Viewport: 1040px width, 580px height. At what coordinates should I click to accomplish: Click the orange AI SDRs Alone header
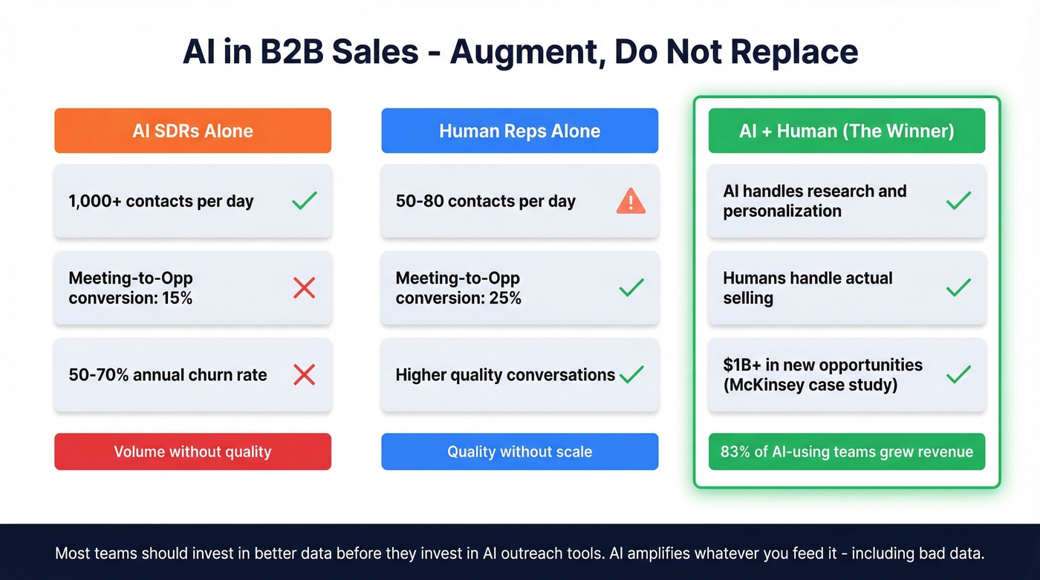(x=192, y=131)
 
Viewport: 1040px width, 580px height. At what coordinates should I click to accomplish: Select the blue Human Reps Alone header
(x=519, y=131)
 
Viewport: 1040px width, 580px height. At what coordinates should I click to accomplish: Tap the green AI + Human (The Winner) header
(x=846, y=131)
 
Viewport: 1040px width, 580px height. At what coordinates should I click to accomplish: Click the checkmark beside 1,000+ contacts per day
(x=304, y=201)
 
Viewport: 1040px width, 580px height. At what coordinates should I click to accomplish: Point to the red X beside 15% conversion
(x=304, y=287)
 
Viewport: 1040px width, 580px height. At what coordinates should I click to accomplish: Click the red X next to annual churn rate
(x=304, y=374)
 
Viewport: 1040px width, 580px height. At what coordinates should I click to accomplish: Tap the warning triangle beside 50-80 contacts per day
(x=631, y=201)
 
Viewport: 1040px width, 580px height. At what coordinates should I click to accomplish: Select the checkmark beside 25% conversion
(x=631, y=287)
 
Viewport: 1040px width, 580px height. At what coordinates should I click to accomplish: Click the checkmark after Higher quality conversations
(x=631, y=374)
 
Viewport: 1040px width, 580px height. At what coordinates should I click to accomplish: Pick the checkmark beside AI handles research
(x=958, y=201)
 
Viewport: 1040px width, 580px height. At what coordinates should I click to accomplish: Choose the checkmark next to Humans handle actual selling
(x=958, y=287)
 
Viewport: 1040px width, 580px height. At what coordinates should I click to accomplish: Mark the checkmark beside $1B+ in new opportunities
(x=958, y=374)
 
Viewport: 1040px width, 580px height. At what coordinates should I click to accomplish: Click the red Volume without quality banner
(x=192, y=452)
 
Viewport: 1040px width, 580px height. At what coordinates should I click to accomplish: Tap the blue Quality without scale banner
(x=519, y=452)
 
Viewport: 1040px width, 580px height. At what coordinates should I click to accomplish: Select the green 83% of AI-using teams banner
(x=846, y=452)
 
